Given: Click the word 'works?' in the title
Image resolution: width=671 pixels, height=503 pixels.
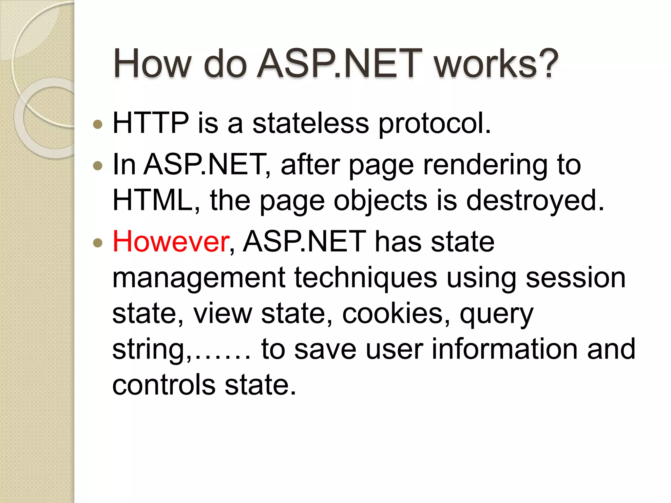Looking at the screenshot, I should pyautogui.click(x=496, y=64).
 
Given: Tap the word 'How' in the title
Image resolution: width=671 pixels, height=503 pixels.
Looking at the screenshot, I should pyautogui.click(x=152, y=64).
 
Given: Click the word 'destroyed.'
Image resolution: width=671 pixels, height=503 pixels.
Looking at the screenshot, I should pyautogui.click(x=535, y=201).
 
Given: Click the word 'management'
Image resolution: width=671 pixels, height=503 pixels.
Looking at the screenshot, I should pyautogui.click(x=199, y=278).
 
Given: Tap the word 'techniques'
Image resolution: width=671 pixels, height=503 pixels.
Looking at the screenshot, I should pyautogui.click(x=365, y=278).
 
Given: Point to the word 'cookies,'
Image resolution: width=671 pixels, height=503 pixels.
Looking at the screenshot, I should pyautogui.click(x=396, y=314).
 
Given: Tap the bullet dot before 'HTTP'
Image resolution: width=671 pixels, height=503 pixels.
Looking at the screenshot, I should pyautogui.click(x=98, y=124).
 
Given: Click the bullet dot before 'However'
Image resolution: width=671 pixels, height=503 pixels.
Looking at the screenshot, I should pyautogui.click(x=98, y=243).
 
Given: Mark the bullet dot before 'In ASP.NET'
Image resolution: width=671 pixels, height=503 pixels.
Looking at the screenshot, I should pyautogui.click(x=98, y=166).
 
